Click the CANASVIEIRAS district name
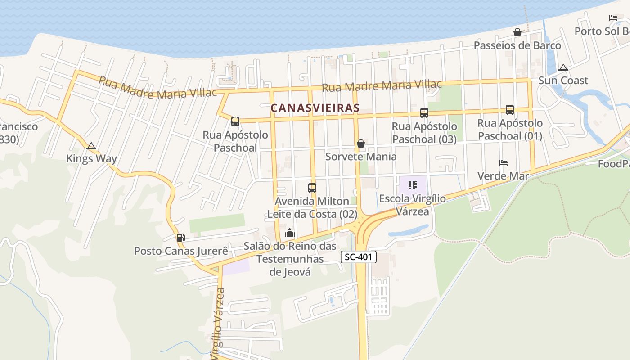(x=315, y=108)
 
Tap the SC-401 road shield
(x=358, y=257)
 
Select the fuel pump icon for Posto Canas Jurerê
(x=180, y=237)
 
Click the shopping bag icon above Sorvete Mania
(x=361, y=144)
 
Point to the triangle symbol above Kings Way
(x=91, y=146)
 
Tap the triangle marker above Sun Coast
(x=563, y=68)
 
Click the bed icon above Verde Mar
(x=504, y=163)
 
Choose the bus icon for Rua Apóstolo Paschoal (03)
(x=424, y=113)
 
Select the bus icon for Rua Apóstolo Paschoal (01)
(x=509, y=109)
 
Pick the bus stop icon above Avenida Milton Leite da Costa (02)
(x=312, y=188)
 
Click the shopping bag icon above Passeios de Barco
(x=517, y=32)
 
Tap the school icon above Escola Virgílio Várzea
(x=413, y=185)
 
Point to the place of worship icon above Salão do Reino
(x=290, y=233)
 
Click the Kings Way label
(x=91, y=158)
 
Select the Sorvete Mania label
(x=361, y=157)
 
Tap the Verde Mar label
(x=503, y=176)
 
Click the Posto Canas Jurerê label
(x=181, y=251)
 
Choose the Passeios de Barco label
(x=517, y=45)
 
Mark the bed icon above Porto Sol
(x=613, y=18)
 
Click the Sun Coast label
(x=563, y=81)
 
